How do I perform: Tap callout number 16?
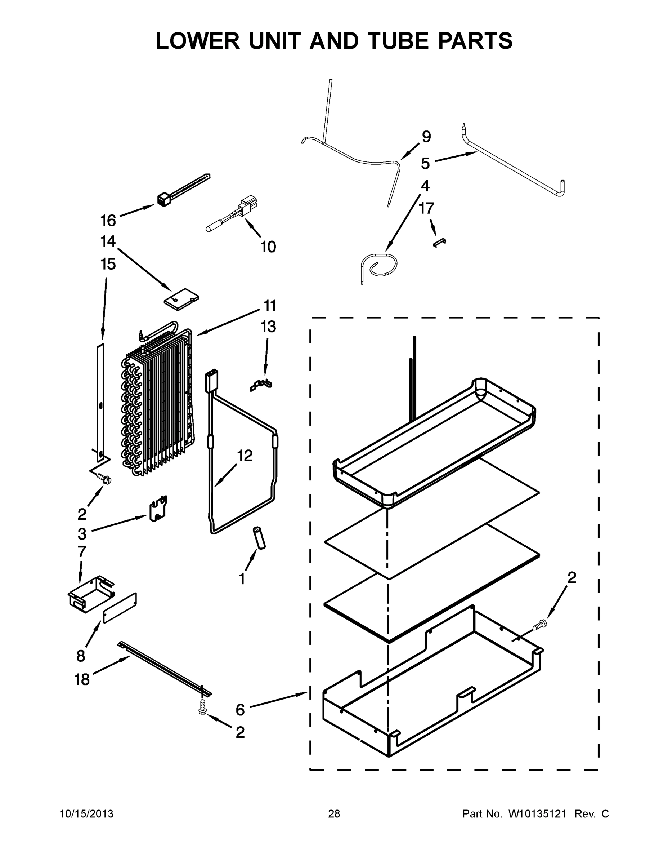(x=108, y=220)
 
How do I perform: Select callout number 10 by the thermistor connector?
(x=268, y=247)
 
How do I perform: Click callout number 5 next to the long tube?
(x=425, y=163)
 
